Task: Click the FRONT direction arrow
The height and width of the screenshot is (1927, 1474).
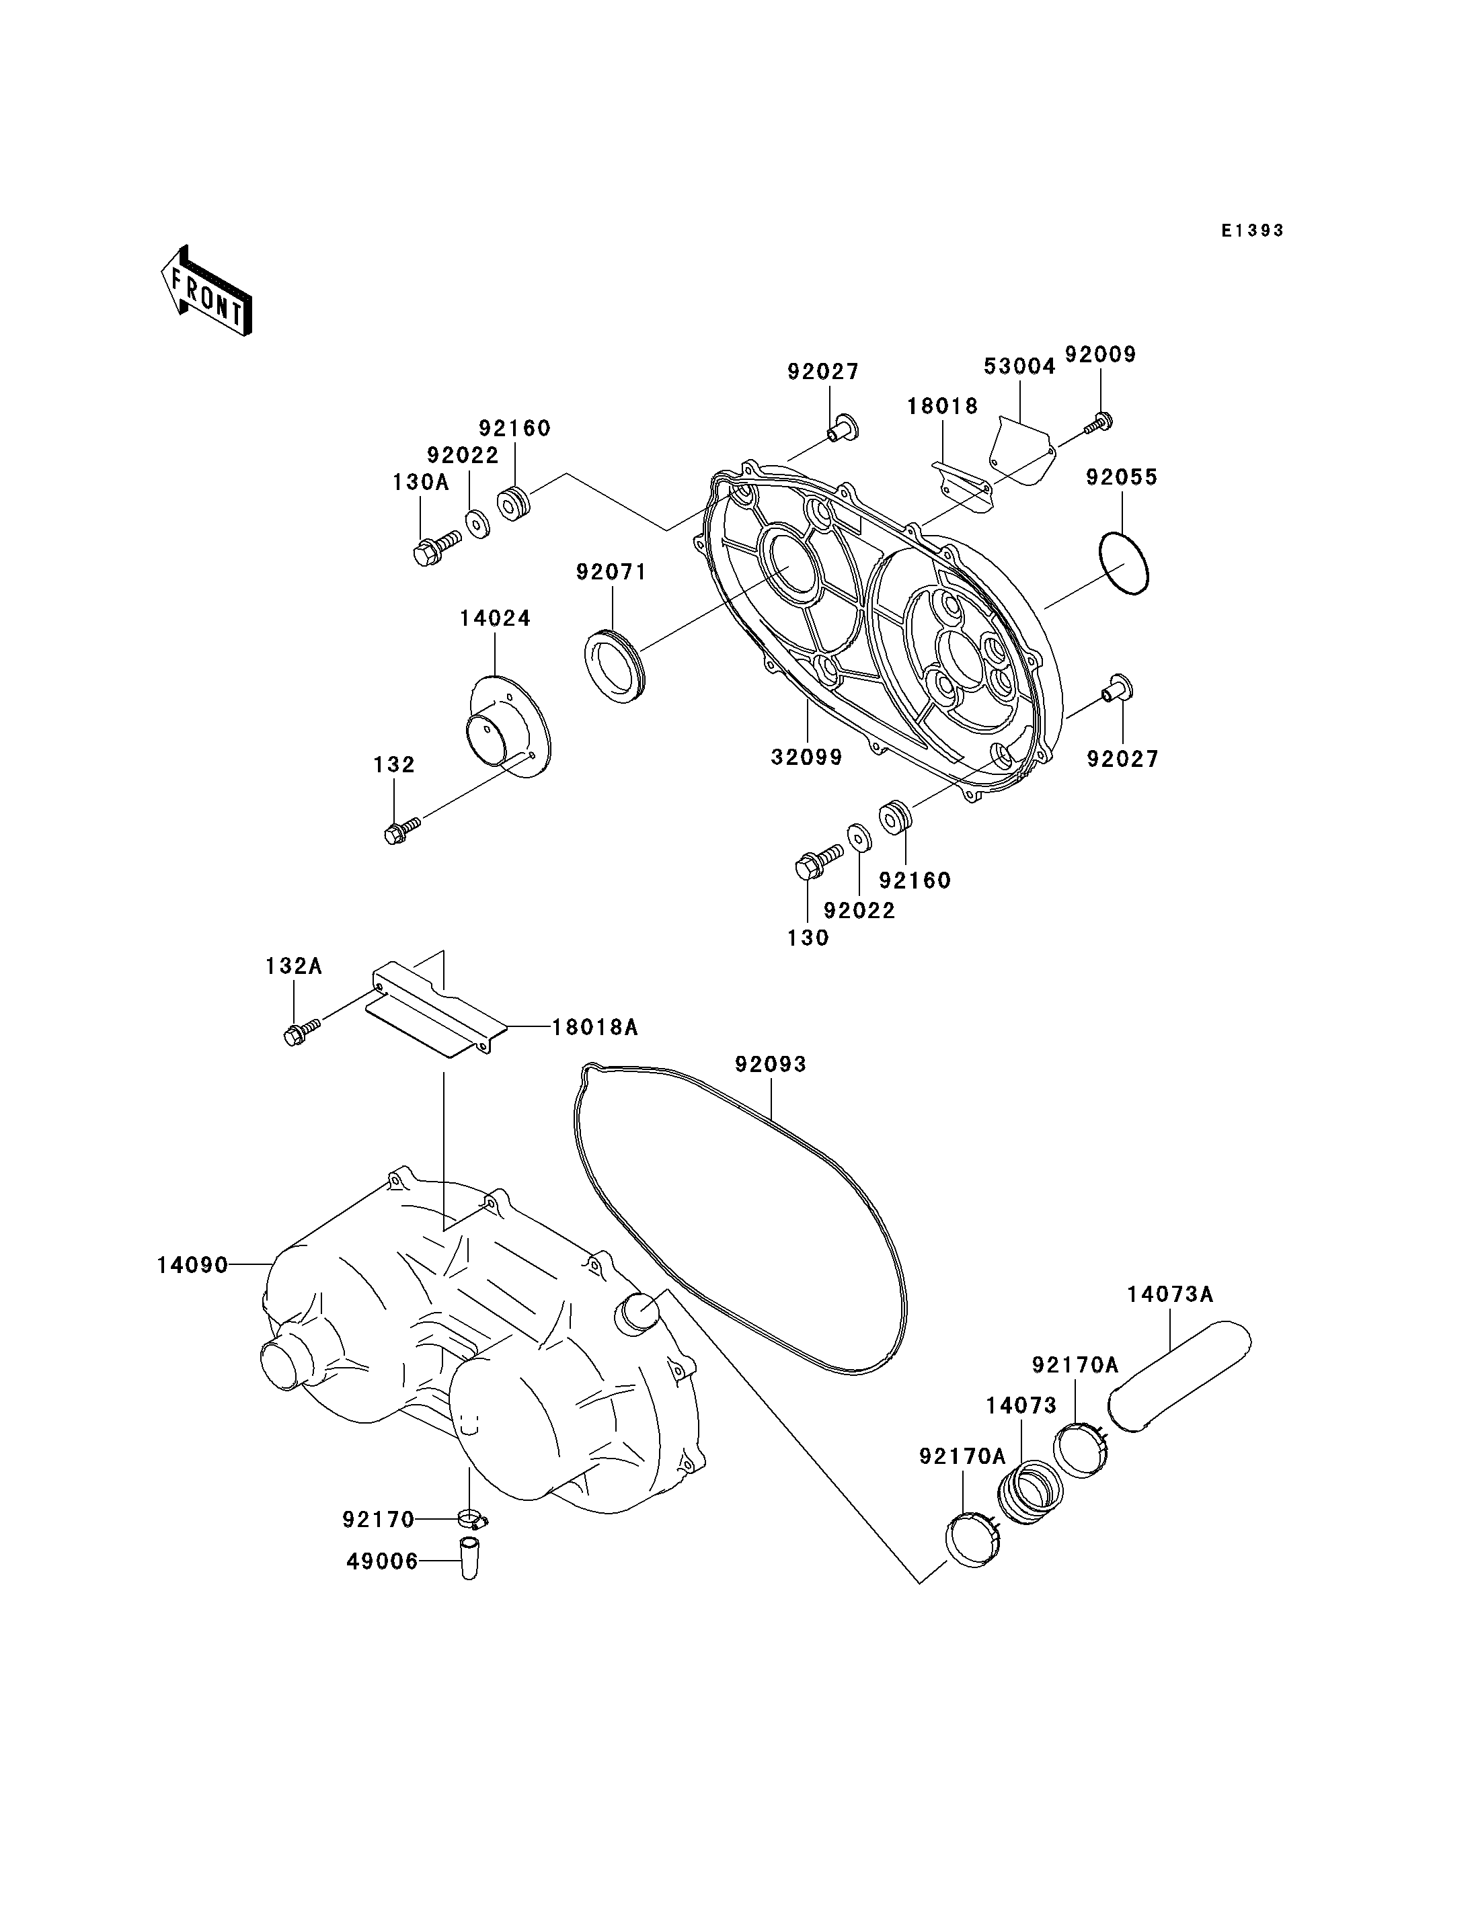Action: (x=206, y=291)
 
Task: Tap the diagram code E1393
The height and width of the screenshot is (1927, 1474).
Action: (x=1253, y=231)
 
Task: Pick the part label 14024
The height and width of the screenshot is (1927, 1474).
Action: (x=495, y=618)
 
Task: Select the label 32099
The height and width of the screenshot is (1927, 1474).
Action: (x=806, y=757)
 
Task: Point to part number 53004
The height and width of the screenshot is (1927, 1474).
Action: (x=1019, y=366)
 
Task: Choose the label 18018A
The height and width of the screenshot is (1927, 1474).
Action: (x=595, y=1027)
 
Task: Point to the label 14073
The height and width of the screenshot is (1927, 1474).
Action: (x=1021, y=1406)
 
